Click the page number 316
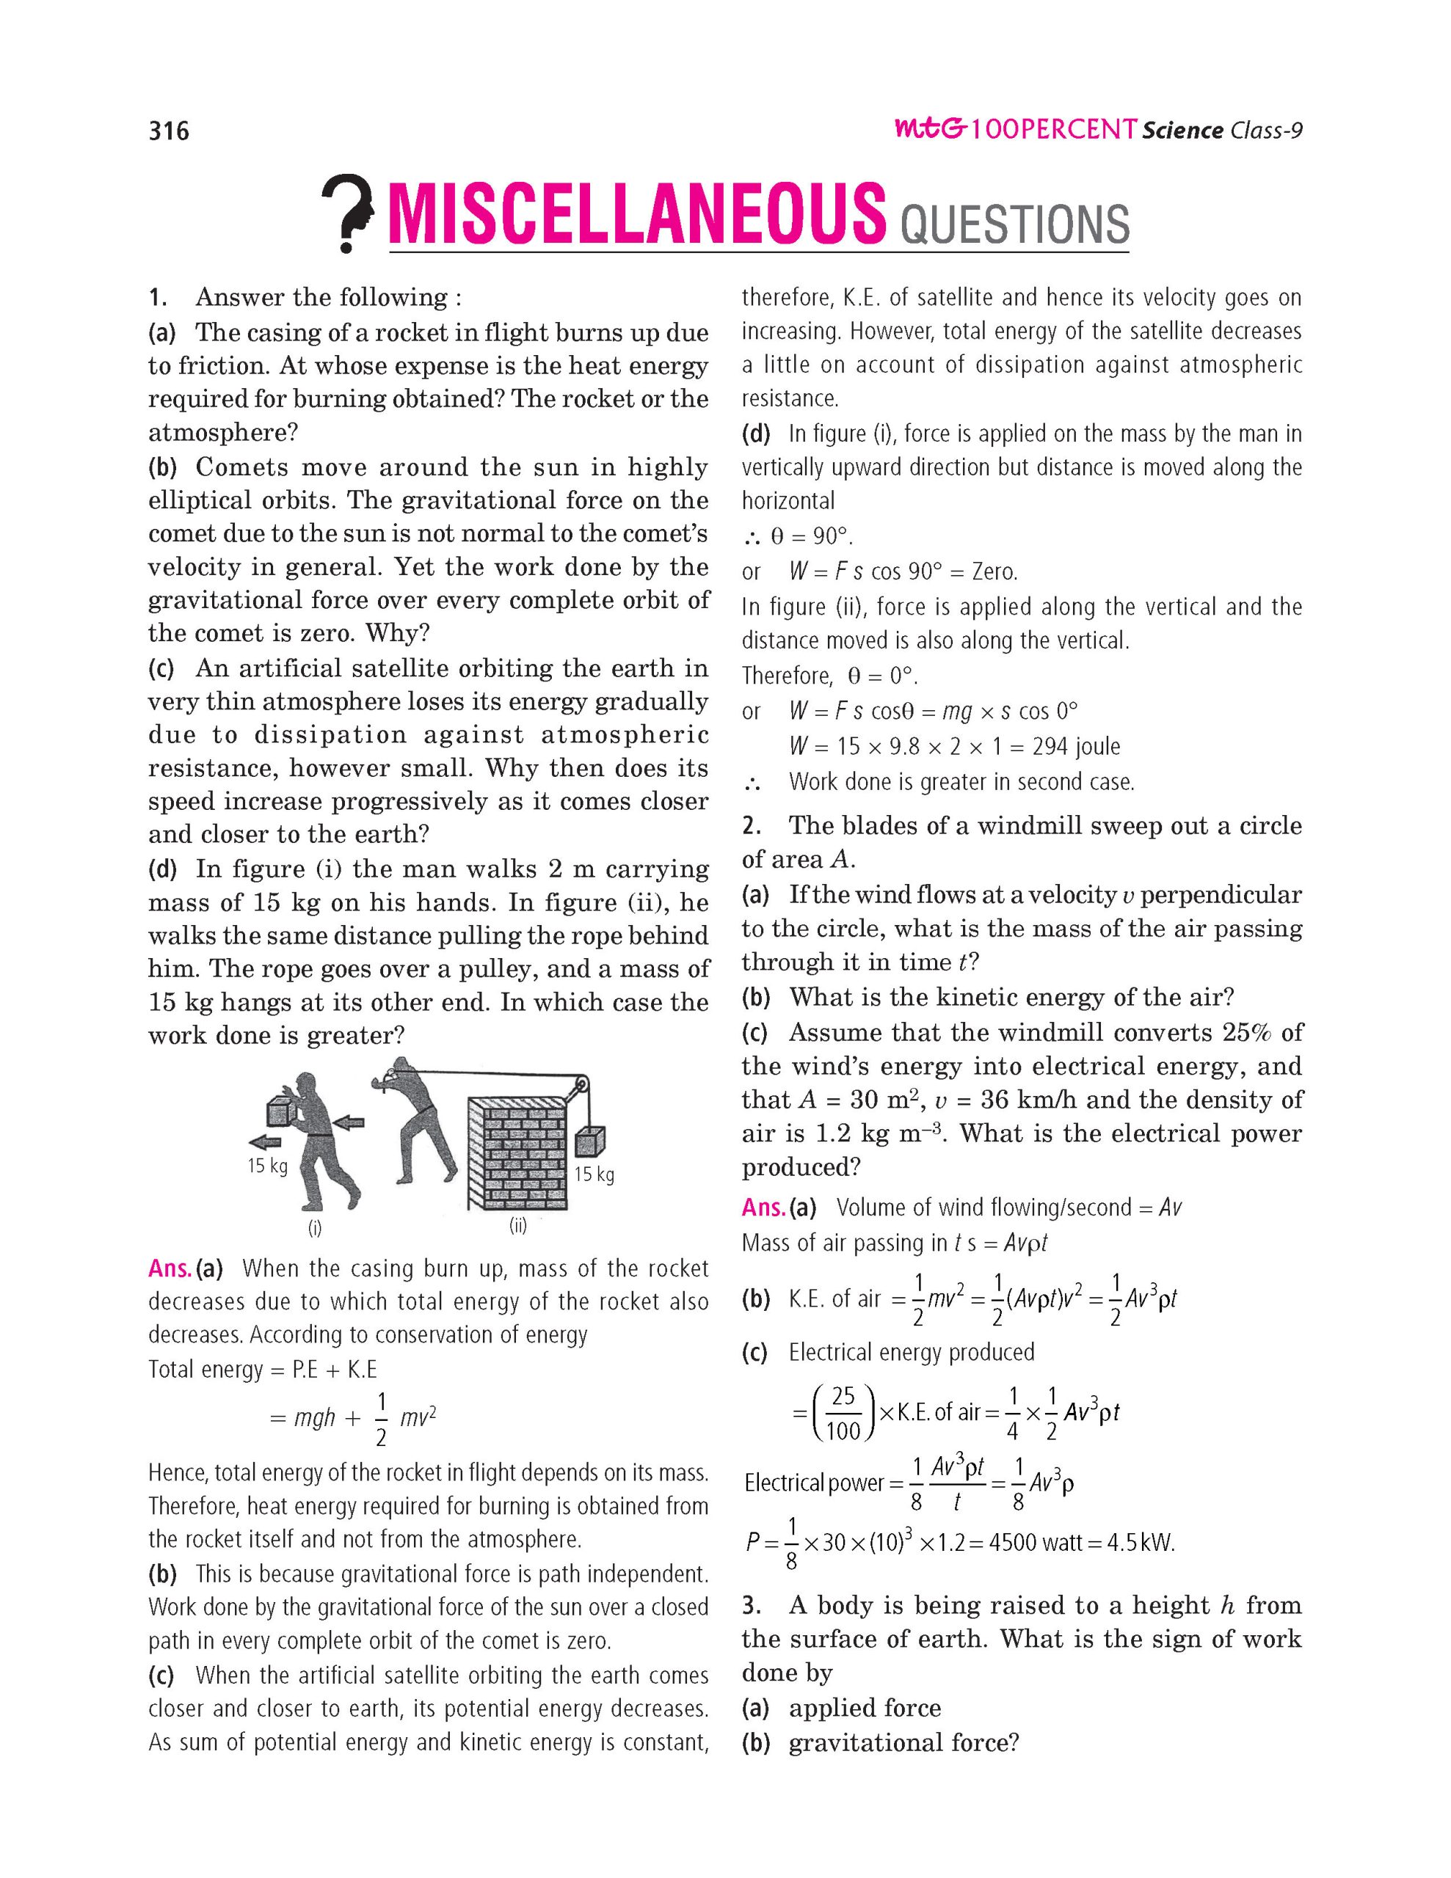point(169,131)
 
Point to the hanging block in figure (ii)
point(591,1141)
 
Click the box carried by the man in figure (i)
point(281,1110)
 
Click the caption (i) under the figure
point(315,1228)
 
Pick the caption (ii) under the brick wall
point(517,1225)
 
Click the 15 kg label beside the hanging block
point(594,1174)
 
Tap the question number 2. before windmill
point(751,825)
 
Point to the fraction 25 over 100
point(843,1413)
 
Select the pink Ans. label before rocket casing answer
point(170,1268)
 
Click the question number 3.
point(751,1605)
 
